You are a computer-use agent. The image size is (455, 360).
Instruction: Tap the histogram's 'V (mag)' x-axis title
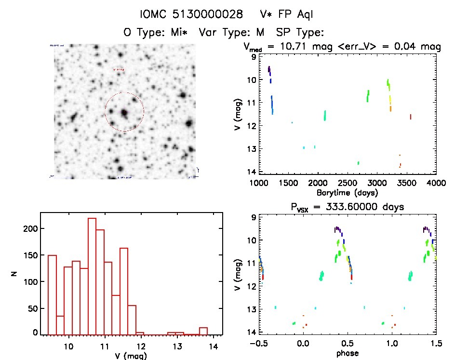[x=131, y=356]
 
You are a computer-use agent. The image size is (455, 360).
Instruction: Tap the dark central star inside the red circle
[x=124, y=113]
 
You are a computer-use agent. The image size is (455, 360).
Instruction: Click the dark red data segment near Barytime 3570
[x=410, y=117]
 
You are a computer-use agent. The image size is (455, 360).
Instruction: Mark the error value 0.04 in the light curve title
[x=413, y=47]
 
